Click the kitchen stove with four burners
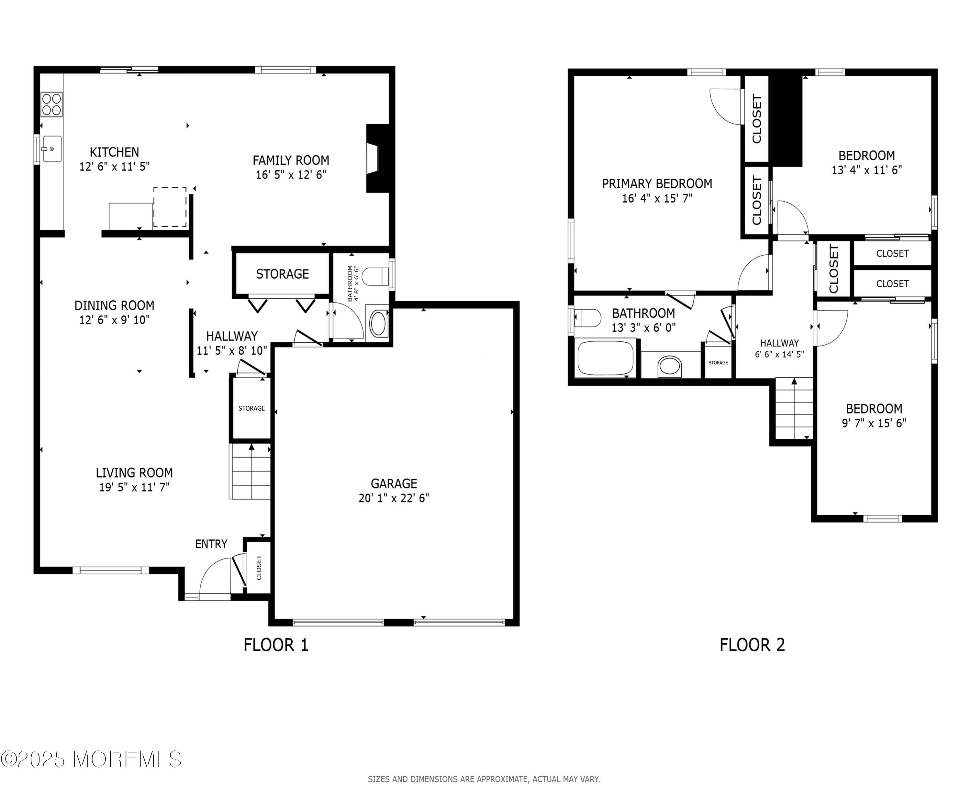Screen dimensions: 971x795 (51, 105)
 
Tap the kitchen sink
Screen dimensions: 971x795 (52, 149)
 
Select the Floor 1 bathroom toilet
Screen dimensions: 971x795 (375, 277)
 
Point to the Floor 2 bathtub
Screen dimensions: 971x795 (606, 358)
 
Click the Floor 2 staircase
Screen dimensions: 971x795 (794, 408)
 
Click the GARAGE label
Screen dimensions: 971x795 (394, 484)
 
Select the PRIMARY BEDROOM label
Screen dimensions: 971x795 (657, 184)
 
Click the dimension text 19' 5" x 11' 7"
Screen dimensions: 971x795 (134, 487)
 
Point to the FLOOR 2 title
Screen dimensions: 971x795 (752, 645)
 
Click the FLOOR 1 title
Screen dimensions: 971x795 (276, 645)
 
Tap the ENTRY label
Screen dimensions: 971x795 (211, 544)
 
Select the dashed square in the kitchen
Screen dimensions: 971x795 (170, 207)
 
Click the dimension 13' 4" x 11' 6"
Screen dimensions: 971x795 (866, 170)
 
